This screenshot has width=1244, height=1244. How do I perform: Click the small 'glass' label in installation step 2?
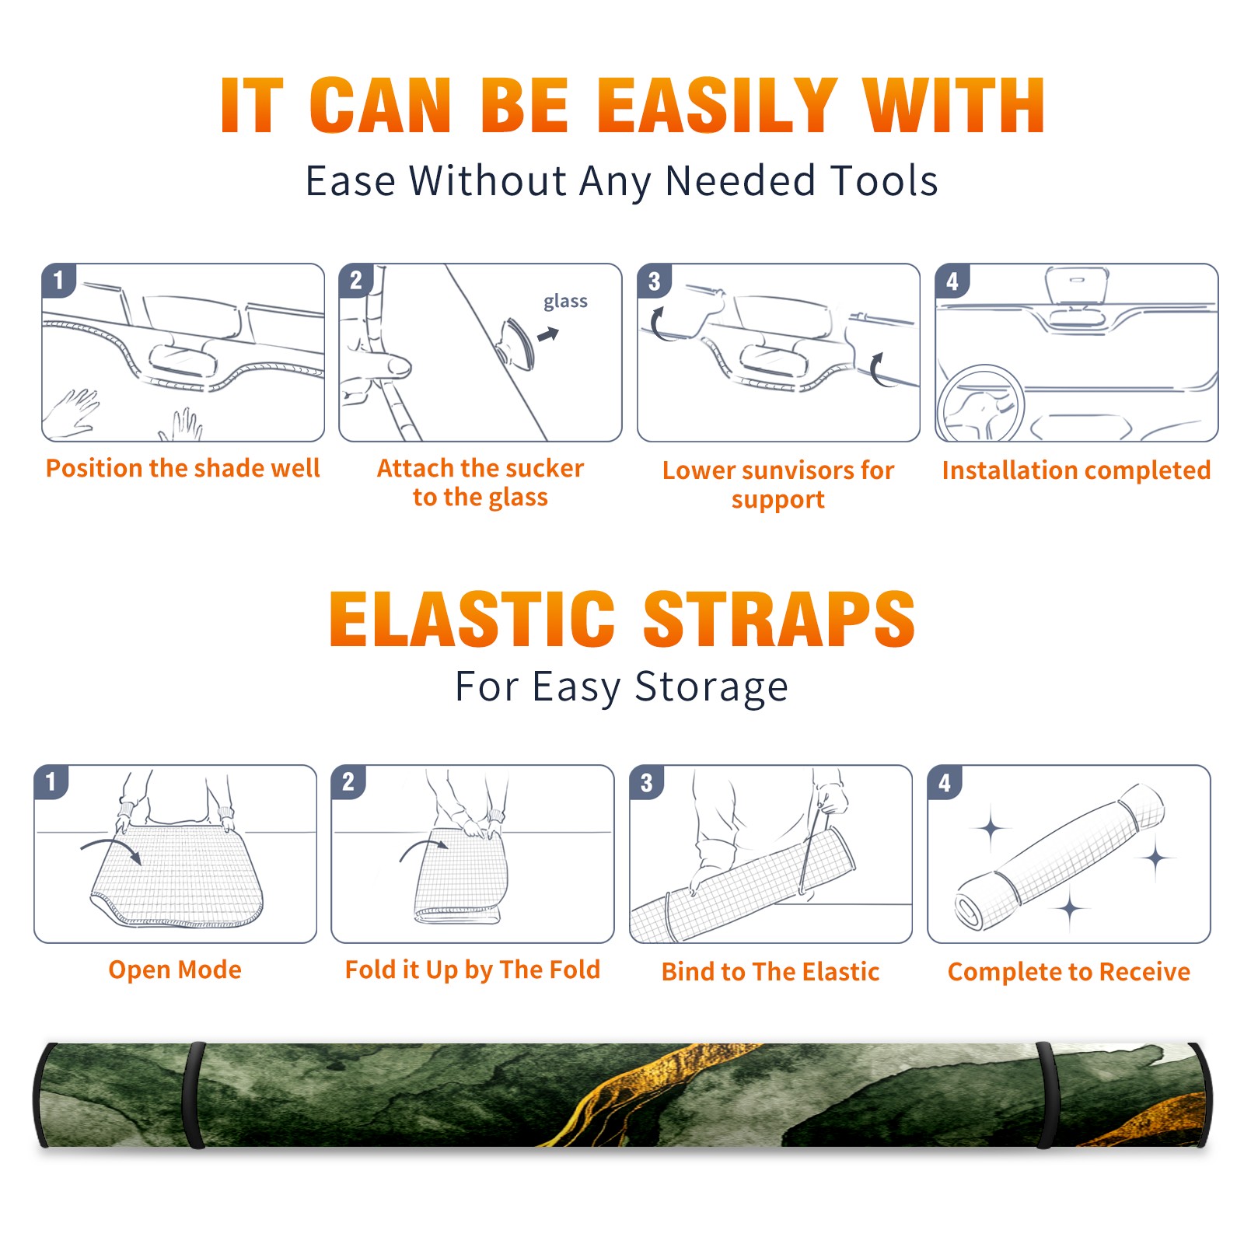tap(565, 302)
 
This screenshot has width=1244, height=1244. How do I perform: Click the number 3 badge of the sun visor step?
tap(654, 281)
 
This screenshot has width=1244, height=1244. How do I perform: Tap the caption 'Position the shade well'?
tap(183, 468)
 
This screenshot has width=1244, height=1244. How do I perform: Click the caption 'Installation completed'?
tap(1076, 470)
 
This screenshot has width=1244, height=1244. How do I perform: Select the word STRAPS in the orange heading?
tap(779, 619)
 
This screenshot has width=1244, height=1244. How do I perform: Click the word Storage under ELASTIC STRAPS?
tap(711, 687)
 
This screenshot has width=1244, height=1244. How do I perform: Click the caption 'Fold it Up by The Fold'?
tap(473, 970)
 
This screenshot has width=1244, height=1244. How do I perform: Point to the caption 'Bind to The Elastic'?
tap(771, 972)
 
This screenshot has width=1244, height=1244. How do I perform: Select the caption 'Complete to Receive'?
tap(1069, 972)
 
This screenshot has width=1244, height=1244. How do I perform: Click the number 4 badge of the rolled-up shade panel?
tap(944, 782)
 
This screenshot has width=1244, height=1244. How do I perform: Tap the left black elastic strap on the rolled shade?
tap(194, 1095)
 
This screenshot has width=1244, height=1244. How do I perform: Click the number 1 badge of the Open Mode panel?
tap(51, 782)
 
